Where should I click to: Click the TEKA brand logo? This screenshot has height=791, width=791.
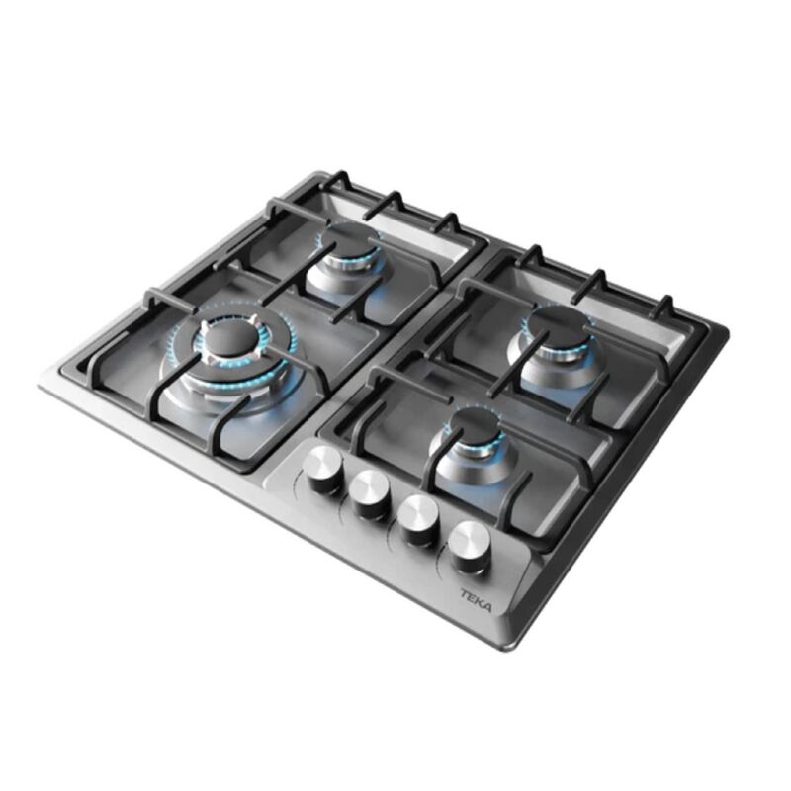(476, 601)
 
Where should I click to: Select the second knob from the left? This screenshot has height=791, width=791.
(371, 492)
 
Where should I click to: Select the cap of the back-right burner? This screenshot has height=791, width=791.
(560, 323)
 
